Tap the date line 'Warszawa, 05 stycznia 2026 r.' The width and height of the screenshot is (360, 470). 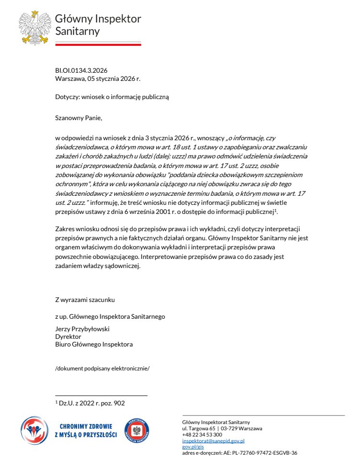pos(97,78)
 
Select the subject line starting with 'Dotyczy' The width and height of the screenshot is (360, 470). pos(112,97)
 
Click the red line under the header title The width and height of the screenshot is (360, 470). pos(98,45)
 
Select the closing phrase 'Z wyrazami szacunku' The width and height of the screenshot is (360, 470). pos(85,300)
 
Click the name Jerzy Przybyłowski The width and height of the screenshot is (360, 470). pos(83,329)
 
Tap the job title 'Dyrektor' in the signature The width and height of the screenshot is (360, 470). pos(68,337)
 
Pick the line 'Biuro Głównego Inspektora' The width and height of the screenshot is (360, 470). pos(94,344)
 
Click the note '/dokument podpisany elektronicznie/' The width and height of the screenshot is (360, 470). pos(102,368)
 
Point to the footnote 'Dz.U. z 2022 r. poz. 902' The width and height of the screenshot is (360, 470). pos(91,403)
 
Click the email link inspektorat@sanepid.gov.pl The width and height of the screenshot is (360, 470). pos(213,440)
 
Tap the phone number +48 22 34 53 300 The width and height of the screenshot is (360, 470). pos(202,435)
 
